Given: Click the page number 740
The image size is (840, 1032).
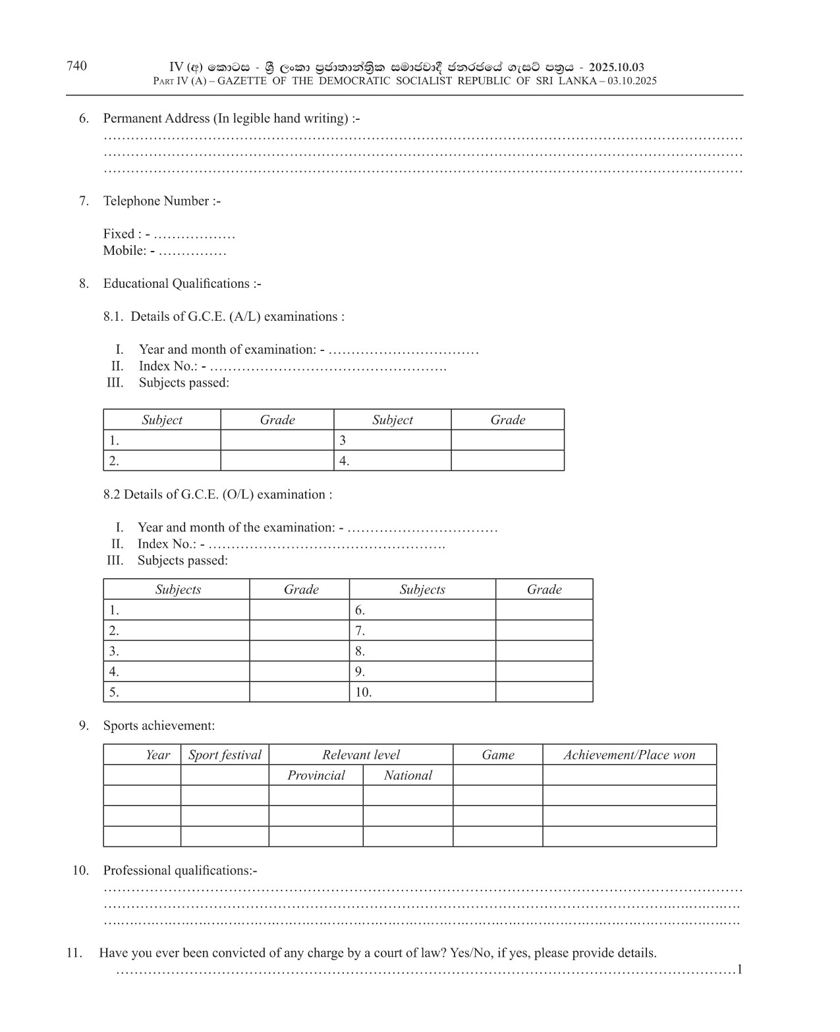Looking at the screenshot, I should click(76, 66).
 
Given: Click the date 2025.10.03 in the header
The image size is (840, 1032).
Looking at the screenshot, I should click(616, 67).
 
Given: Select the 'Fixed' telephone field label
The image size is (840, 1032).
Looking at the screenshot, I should click(119, 234).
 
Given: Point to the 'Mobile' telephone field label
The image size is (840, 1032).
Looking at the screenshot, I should click(124, 251).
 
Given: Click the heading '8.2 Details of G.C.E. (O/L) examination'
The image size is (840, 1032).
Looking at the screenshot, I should click(217, 495).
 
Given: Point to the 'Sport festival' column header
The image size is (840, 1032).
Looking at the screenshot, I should click(225, 755).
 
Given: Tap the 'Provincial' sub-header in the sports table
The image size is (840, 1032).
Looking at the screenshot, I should click(316, 776).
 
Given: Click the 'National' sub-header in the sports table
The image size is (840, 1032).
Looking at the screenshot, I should click(408, 776).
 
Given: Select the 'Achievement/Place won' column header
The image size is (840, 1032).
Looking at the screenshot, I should click(629, 755).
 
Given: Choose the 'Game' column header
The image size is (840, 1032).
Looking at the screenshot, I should click(498, 755).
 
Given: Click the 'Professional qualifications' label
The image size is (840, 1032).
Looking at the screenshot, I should click(179, 871).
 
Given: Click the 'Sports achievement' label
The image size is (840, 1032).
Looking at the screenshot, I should click(159, 726).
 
